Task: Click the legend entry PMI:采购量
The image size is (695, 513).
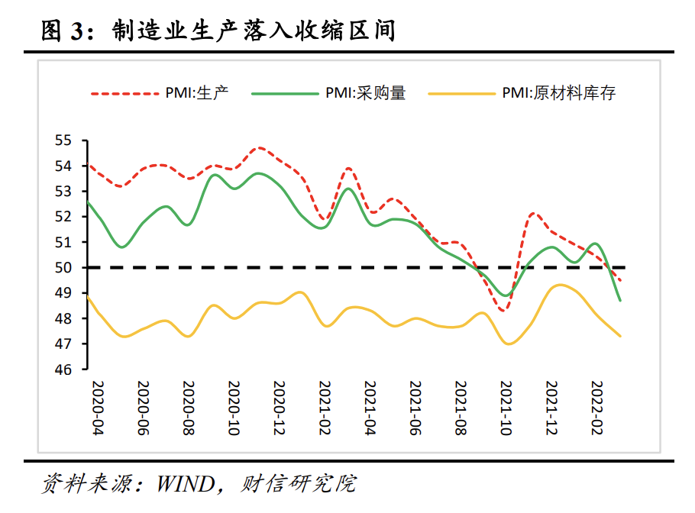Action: click(x=366, y=93)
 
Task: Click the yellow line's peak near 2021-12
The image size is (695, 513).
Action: click(x=560, y=285)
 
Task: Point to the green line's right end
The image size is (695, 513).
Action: click(x=619, y=300)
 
